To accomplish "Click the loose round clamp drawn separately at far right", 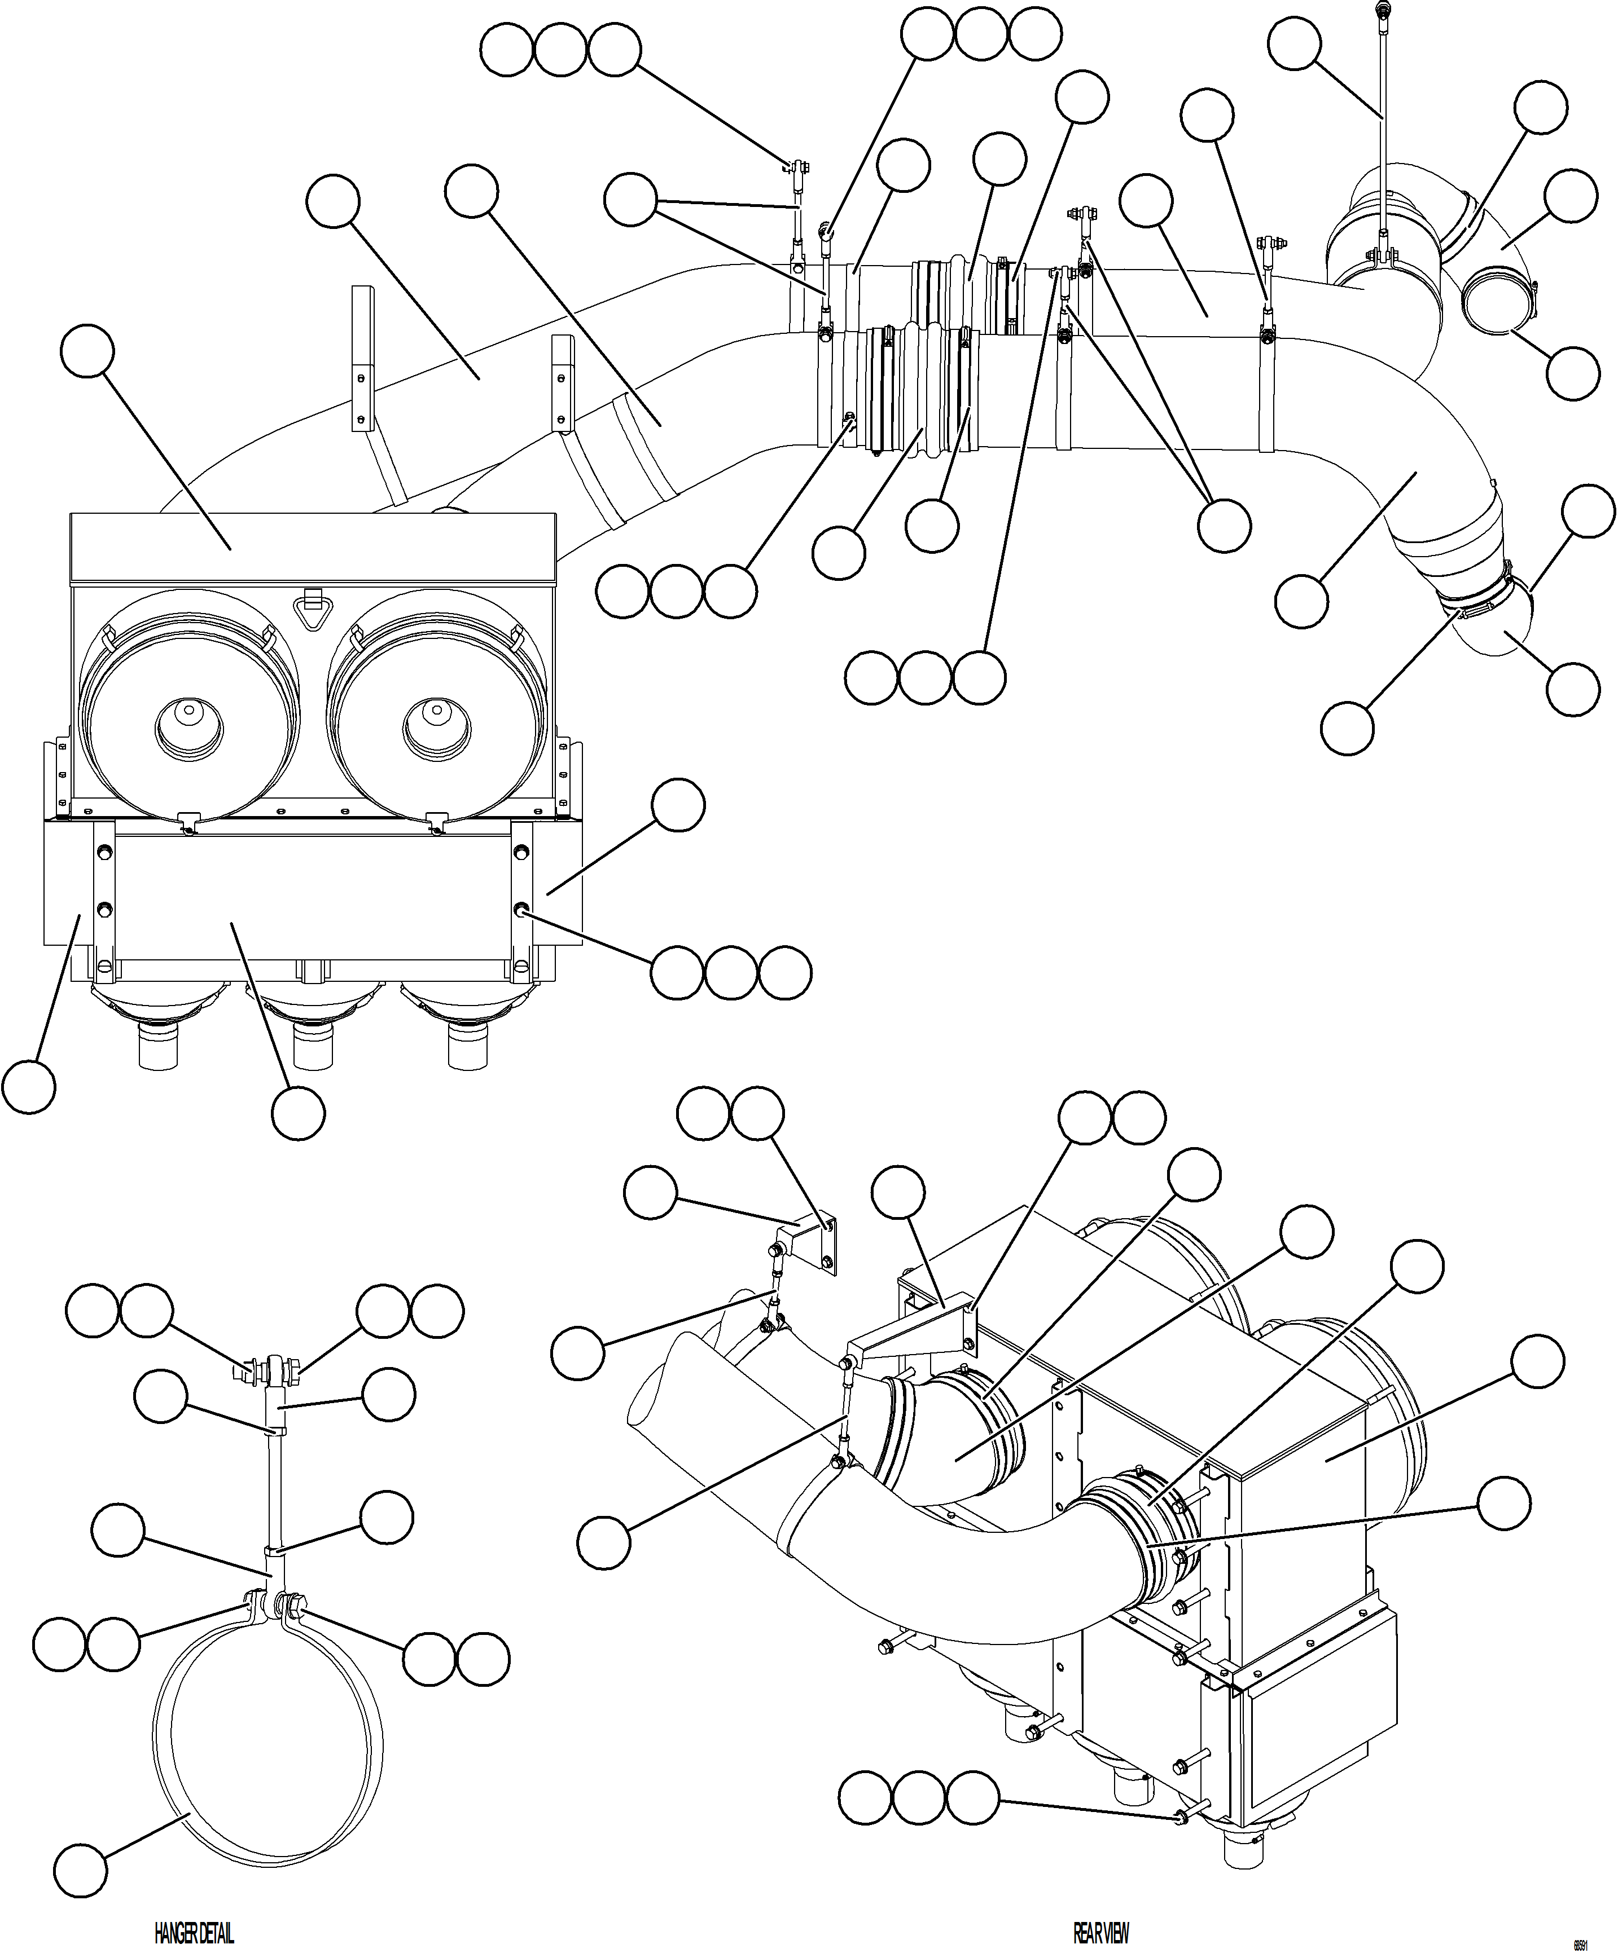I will click(1497, 301).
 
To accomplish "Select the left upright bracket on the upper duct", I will click(363, 358).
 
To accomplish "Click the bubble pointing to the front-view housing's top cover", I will click(87, 351).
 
